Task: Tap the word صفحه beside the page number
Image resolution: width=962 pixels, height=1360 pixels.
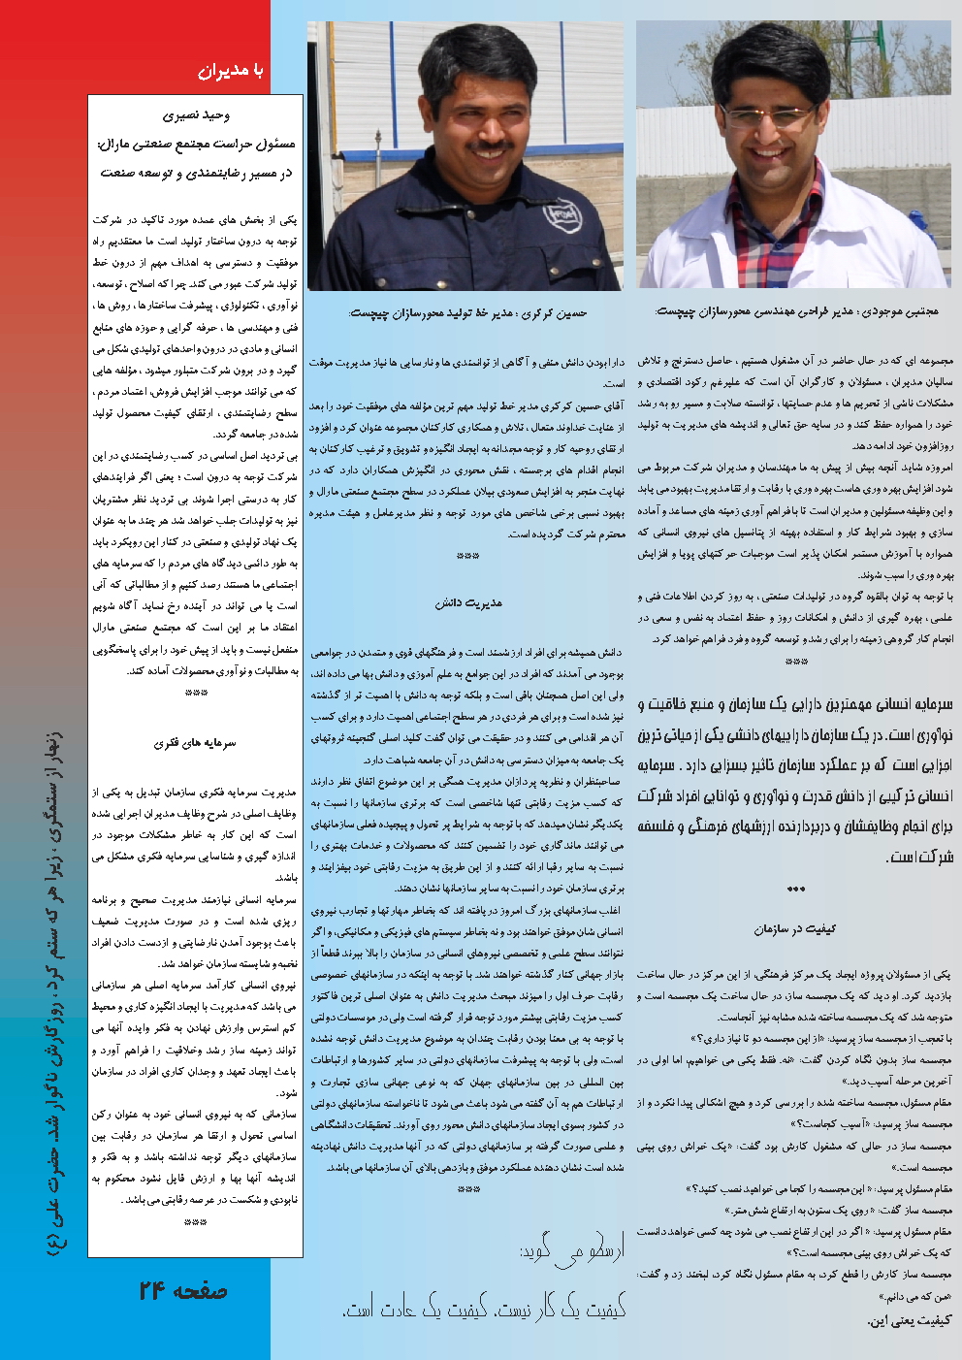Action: click(x=201, y=1291)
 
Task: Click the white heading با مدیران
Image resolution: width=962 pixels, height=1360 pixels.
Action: click(x=230, y=70)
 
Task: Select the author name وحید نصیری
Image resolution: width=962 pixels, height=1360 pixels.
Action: click(x=196, y=115)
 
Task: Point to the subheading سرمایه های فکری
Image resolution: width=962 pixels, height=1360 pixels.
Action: click(x=195, y=743)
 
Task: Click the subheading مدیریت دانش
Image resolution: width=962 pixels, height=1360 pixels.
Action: click(x=468, y=603)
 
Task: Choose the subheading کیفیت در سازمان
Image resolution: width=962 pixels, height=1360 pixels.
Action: click(x=794, y=929)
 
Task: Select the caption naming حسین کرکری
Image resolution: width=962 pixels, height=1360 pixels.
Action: click(x=467, y=313)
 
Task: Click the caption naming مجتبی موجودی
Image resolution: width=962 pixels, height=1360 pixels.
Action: click(x=796, y=311)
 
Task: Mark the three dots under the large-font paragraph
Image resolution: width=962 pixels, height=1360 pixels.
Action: click(x=795, y=889)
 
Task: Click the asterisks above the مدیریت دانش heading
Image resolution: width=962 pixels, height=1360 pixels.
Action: click(x=467, y=557)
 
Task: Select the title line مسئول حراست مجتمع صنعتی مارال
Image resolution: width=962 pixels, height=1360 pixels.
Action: click(x=196, y=145)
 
